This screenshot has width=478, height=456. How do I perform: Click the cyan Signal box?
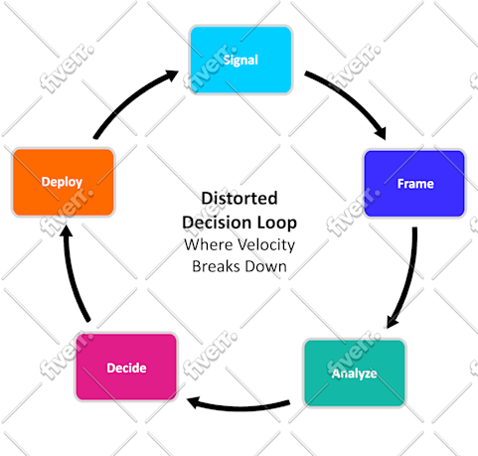(x=240, y=60)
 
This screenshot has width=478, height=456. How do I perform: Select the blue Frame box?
(x=414, y=184)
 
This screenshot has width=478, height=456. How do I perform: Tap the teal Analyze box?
(x=355, y=373)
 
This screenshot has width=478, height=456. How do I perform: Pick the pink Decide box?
(x=126, y=367)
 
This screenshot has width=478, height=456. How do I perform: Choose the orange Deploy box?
(x=63, y=182)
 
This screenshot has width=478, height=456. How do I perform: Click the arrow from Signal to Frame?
(x=352, y=98)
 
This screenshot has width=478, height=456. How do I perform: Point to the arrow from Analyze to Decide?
(x=239, y=407)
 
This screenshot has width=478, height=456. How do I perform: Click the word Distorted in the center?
(x=239, y=198)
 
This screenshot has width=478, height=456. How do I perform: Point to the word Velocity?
(x=266, y=245)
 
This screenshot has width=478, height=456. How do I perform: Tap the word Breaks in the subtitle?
(x=216, y=266)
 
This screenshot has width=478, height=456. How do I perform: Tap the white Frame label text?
(x=415, y=184)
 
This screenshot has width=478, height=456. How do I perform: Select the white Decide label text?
(x=126, y=368)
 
